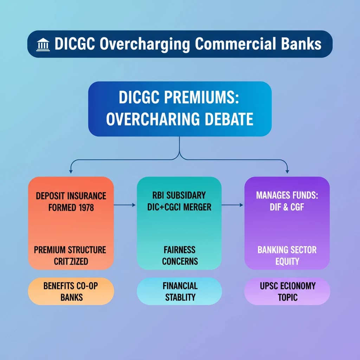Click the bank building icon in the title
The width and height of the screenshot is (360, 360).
pyautogui.click(x=43, y=45)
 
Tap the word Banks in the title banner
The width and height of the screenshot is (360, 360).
pyautogui.click(x=301, y=44)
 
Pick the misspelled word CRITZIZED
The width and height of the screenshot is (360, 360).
pyautogui.click(x=71, y=261)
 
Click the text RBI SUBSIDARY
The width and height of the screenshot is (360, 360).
pyautogui.click(x=179, y=195)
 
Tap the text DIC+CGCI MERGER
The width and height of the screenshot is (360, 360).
pyautogui.click(x=179, y=207)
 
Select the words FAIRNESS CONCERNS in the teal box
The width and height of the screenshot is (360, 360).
pyautogui.click(x=180, y=255)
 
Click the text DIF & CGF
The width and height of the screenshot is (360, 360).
pyautogui.click(x=287, y=207)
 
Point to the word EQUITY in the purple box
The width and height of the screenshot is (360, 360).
pyautogui.click(x=287, y=261)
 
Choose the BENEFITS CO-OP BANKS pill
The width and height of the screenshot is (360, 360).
pyautogui.click(x=71, y=291)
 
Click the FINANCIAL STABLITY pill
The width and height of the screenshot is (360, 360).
pyautogui.click(x=179, y=291)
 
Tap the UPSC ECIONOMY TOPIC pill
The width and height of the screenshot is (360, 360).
pyautogui.click(x=287, y=291)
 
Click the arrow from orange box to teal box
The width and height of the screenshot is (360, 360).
pyautogui.click(x=125, y=205)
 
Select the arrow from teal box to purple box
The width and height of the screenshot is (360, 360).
pyautogui.click(x=232, y=205)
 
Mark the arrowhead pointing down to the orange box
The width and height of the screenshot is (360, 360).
pyautogui.click(x=71, y=171)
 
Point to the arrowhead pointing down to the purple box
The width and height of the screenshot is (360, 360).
pyautogui.click(x=287, y=171)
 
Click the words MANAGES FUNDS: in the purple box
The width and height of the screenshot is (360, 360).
pyautogui.click(x=287, y=195)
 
